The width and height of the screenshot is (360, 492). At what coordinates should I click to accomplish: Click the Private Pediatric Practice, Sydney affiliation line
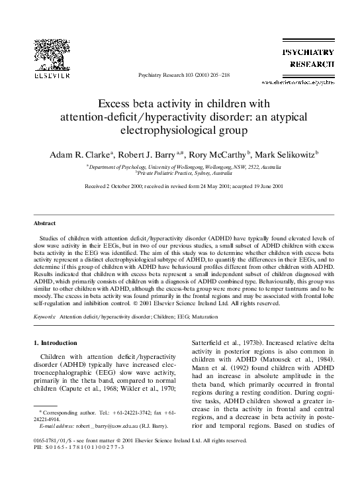[180, 174]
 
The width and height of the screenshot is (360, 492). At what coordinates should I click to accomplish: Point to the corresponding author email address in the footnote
[106, 446]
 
